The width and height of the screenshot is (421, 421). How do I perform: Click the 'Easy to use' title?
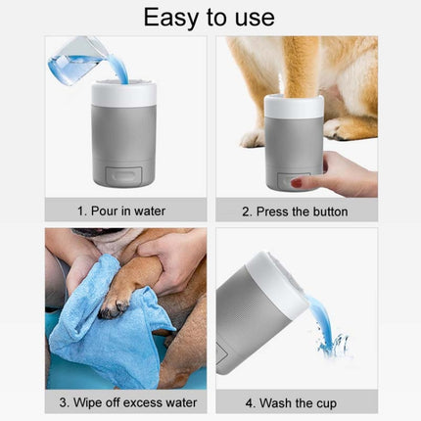pos(209,18)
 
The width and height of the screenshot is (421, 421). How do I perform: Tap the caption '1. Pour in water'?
pos(121,211)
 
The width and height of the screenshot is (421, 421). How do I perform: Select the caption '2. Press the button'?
pos(295,211)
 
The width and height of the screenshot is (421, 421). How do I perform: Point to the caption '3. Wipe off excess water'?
pos(128,402)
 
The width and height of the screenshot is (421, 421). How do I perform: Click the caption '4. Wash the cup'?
pos(291,403)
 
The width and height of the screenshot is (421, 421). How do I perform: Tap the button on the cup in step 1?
pos(124,175)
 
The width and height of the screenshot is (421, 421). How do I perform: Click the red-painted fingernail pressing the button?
pos(297,182)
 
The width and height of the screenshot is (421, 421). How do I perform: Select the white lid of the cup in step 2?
pos(294,106)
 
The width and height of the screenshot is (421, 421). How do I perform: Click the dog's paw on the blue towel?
pos(116,301)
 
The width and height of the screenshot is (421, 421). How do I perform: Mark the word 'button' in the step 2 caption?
pos(330,211)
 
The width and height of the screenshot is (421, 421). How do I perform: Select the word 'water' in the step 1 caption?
pos(150,211)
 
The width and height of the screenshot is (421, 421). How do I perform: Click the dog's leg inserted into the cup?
pos(298,67)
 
